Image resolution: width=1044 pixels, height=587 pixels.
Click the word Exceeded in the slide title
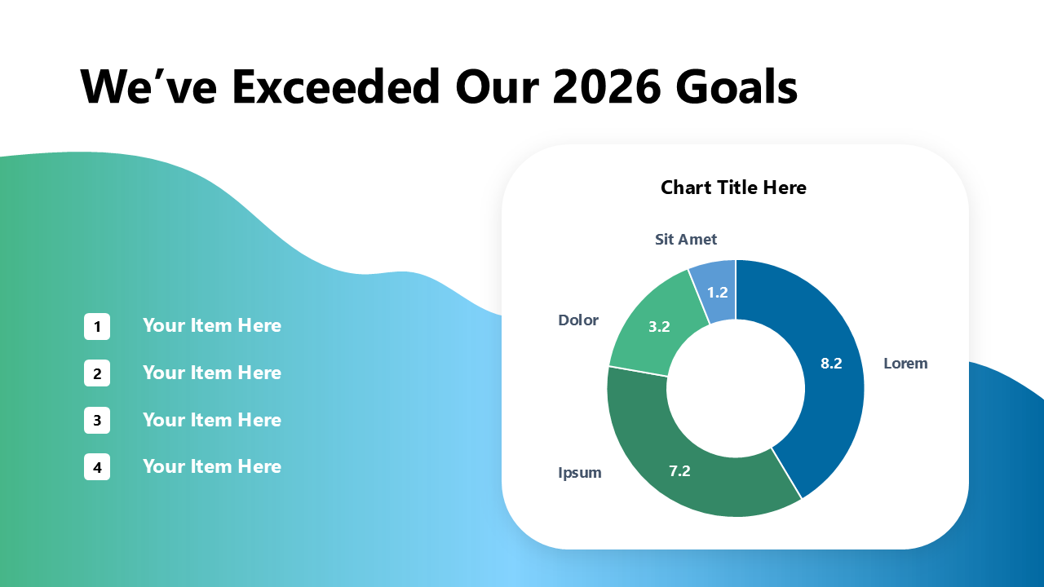click(x=335, y=86)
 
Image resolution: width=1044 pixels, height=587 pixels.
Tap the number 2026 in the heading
click(x=606, y=86)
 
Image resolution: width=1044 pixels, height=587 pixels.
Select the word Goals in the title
click(x=737, y=86)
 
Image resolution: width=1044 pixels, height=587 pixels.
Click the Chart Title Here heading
click(x=733, y=188)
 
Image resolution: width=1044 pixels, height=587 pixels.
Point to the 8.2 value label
click(x=831, y=364)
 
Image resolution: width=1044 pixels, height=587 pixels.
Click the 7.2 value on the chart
click(x=679, y=471)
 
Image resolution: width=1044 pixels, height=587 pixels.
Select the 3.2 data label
click(x=659, y=327)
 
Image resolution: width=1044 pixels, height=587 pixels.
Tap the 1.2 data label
click(x=717, y=293)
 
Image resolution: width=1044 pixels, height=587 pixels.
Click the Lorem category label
click(x=905, y=364)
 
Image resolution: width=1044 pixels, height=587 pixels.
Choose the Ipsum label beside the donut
click(x=580, y=473)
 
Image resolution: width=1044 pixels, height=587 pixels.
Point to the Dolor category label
click(x=578, y=320)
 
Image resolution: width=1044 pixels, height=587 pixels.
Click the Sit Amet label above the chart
click(x=686, y=240)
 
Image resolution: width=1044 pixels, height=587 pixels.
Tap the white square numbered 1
click(x=97, y=327)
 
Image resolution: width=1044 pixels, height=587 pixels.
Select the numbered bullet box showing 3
click(x=97, y=420)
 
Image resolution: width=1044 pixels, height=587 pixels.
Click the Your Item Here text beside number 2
click(x=212, y=373)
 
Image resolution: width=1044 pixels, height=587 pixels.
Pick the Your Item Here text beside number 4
click(x=212, y=467)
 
